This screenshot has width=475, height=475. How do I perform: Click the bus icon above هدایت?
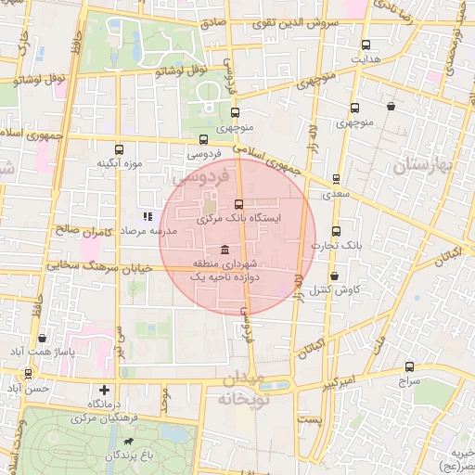pos(366,45)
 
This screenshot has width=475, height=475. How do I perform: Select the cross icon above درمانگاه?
pos(105,391)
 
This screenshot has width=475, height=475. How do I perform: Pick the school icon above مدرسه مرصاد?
pos(147,216)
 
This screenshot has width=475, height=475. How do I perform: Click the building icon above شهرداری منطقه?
pos(226,251)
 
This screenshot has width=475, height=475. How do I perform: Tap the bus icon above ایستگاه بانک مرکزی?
pos(238,203)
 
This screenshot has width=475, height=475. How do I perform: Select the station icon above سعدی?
pos(336,180)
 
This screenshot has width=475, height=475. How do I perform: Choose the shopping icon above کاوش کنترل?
pos(335,276)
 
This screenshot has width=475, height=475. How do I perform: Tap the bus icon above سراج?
pos(411,366)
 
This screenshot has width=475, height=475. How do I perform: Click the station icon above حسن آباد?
pos(29,373)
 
